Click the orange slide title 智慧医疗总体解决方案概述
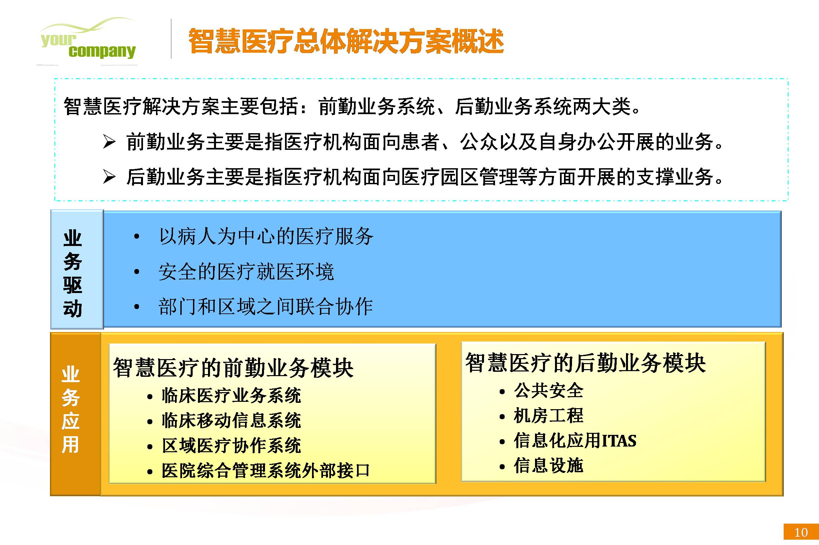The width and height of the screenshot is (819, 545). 346,41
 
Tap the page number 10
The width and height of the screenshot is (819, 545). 801,532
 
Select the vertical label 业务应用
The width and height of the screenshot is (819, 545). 70,410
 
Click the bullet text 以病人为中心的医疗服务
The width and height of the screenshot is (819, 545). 266,236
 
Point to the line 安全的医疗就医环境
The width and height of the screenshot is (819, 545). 246,271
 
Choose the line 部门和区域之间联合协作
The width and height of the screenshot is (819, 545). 266,307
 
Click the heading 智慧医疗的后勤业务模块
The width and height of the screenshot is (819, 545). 585,363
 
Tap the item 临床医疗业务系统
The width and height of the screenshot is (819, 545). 231,395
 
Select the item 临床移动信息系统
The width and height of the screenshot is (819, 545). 231,421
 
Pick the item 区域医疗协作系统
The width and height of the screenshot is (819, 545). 231,446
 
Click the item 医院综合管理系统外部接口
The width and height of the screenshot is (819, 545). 266,471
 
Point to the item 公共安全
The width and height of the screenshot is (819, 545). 549,390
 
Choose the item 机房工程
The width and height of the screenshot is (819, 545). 549,416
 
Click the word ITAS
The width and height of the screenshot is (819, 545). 619,441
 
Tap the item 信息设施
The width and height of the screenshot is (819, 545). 549,466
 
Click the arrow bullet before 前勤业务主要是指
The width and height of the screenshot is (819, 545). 109,142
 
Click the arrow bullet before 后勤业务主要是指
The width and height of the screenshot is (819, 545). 109,177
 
